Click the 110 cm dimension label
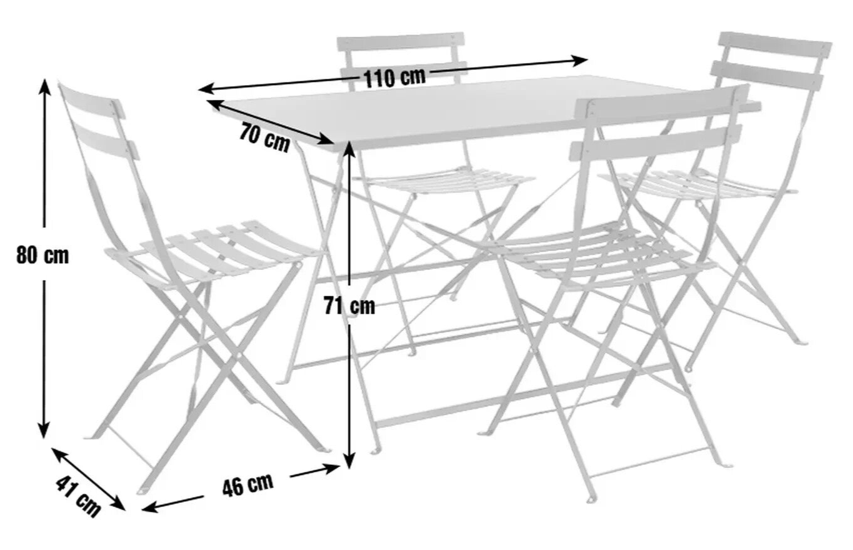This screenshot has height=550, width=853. coord(395,77)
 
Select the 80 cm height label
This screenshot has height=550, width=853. coord(42,254)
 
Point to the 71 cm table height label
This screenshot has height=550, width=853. coord(349,306)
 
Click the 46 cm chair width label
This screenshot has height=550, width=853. coord(248,485)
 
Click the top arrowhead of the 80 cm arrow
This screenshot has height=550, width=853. coord(46,86)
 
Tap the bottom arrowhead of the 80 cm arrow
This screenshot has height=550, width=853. coord(44,431)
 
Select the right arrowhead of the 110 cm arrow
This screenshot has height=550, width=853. coord(581,60)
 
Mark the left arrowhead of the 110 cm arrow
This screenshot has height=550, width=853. coord(207,90)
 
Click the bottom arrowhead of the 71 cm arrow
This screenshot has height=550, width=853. coord(349,461)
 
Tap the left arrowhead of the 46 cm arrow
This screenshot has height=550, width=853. coord(149,507)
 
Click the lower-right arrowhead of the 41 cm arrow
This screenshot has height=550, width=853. coord(119,504)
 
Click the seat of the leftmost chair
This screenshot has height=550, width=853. coord(213,251)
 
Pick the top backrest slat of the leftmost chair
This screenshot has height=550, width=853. coord(91,101)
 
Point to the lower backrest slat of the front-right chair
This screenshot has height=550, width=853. coord(656,142)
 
